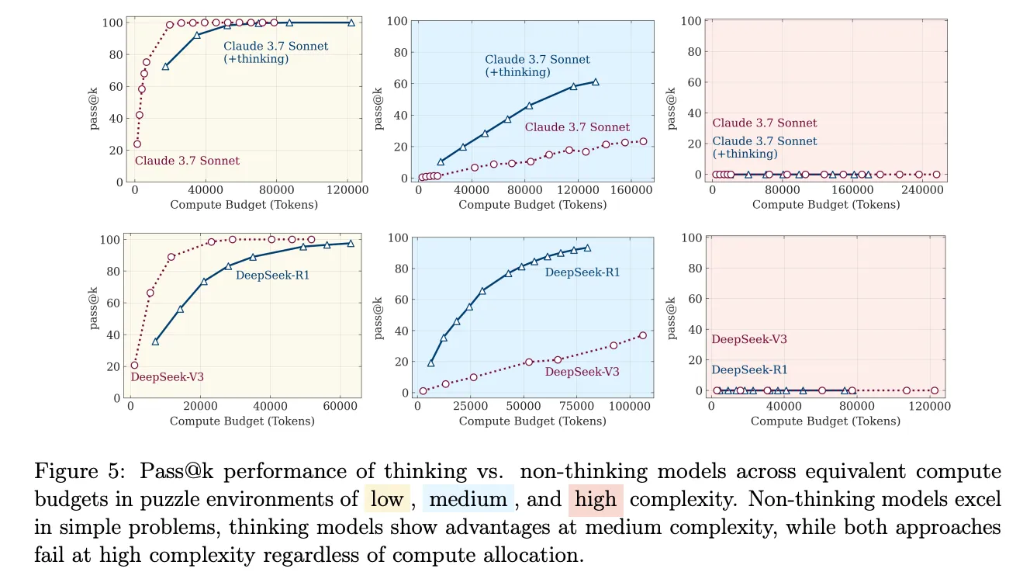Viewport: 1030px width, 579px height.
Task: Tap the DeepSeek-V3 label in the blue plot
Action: tap(582, 372)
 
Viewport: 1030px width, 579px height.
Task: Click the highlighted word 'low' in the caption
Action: tap(386, 499)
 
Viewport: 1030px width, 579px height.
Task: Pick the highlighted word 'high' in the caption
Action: tap(596, 499)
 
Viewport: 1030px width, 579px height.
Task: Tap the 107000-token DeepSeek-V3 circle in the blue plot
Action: tap(642, 335)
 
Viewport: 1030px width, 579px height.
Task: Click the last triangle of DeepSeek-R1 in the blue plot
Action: tap(587, 248)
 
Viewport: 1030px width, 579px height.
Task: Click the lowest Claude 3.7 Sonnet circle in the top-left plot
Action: tap(137, 144)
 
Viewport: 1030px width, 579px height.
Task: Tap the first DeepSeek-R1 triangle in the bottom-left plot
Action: tap(155, 342)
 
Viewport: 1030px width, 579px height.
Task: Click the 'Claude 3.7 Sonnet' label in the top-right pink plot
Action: tap(765, 123)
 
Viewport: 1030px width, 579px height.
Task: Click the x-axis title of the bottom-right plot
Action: tap(825, 421)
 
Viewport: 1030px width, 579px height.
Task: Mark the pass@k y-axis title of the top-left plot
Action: tap(95, 102)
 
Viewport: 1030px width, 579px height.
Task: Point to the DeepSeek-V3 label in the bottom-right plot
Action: tap(749, 339)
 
